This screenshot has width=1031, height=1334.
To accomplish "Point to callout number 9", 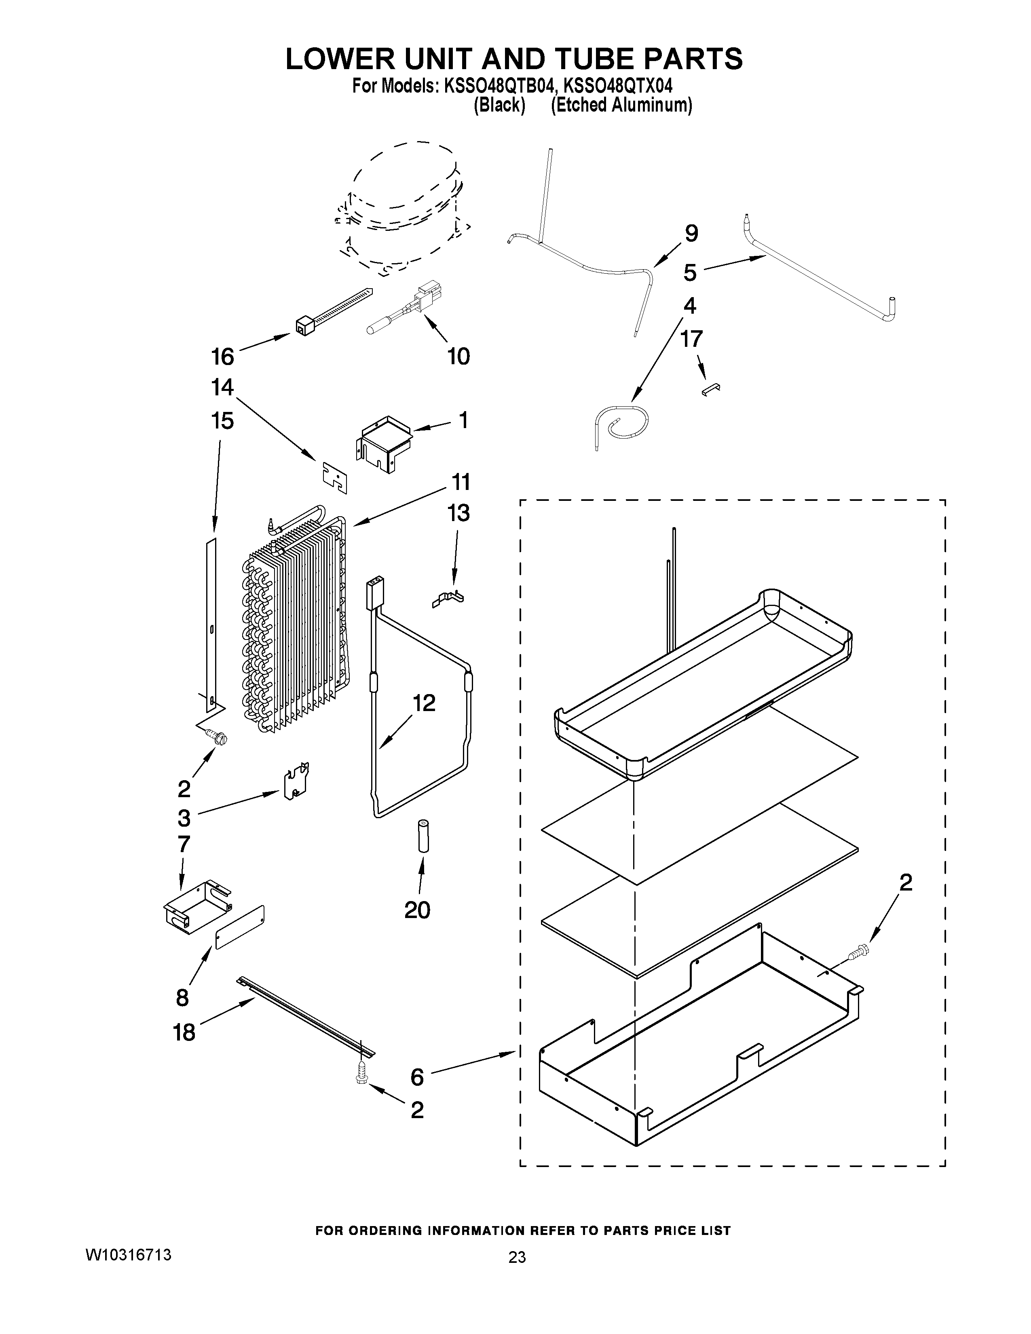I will [691, 233].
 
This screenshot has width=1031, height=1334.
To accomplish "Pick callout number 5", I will [690, 272].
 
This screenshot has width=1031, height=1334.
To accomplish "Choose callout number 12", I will [424, 703].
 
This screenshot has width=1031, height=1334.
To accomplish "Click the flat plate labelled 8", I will [240, 926].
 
